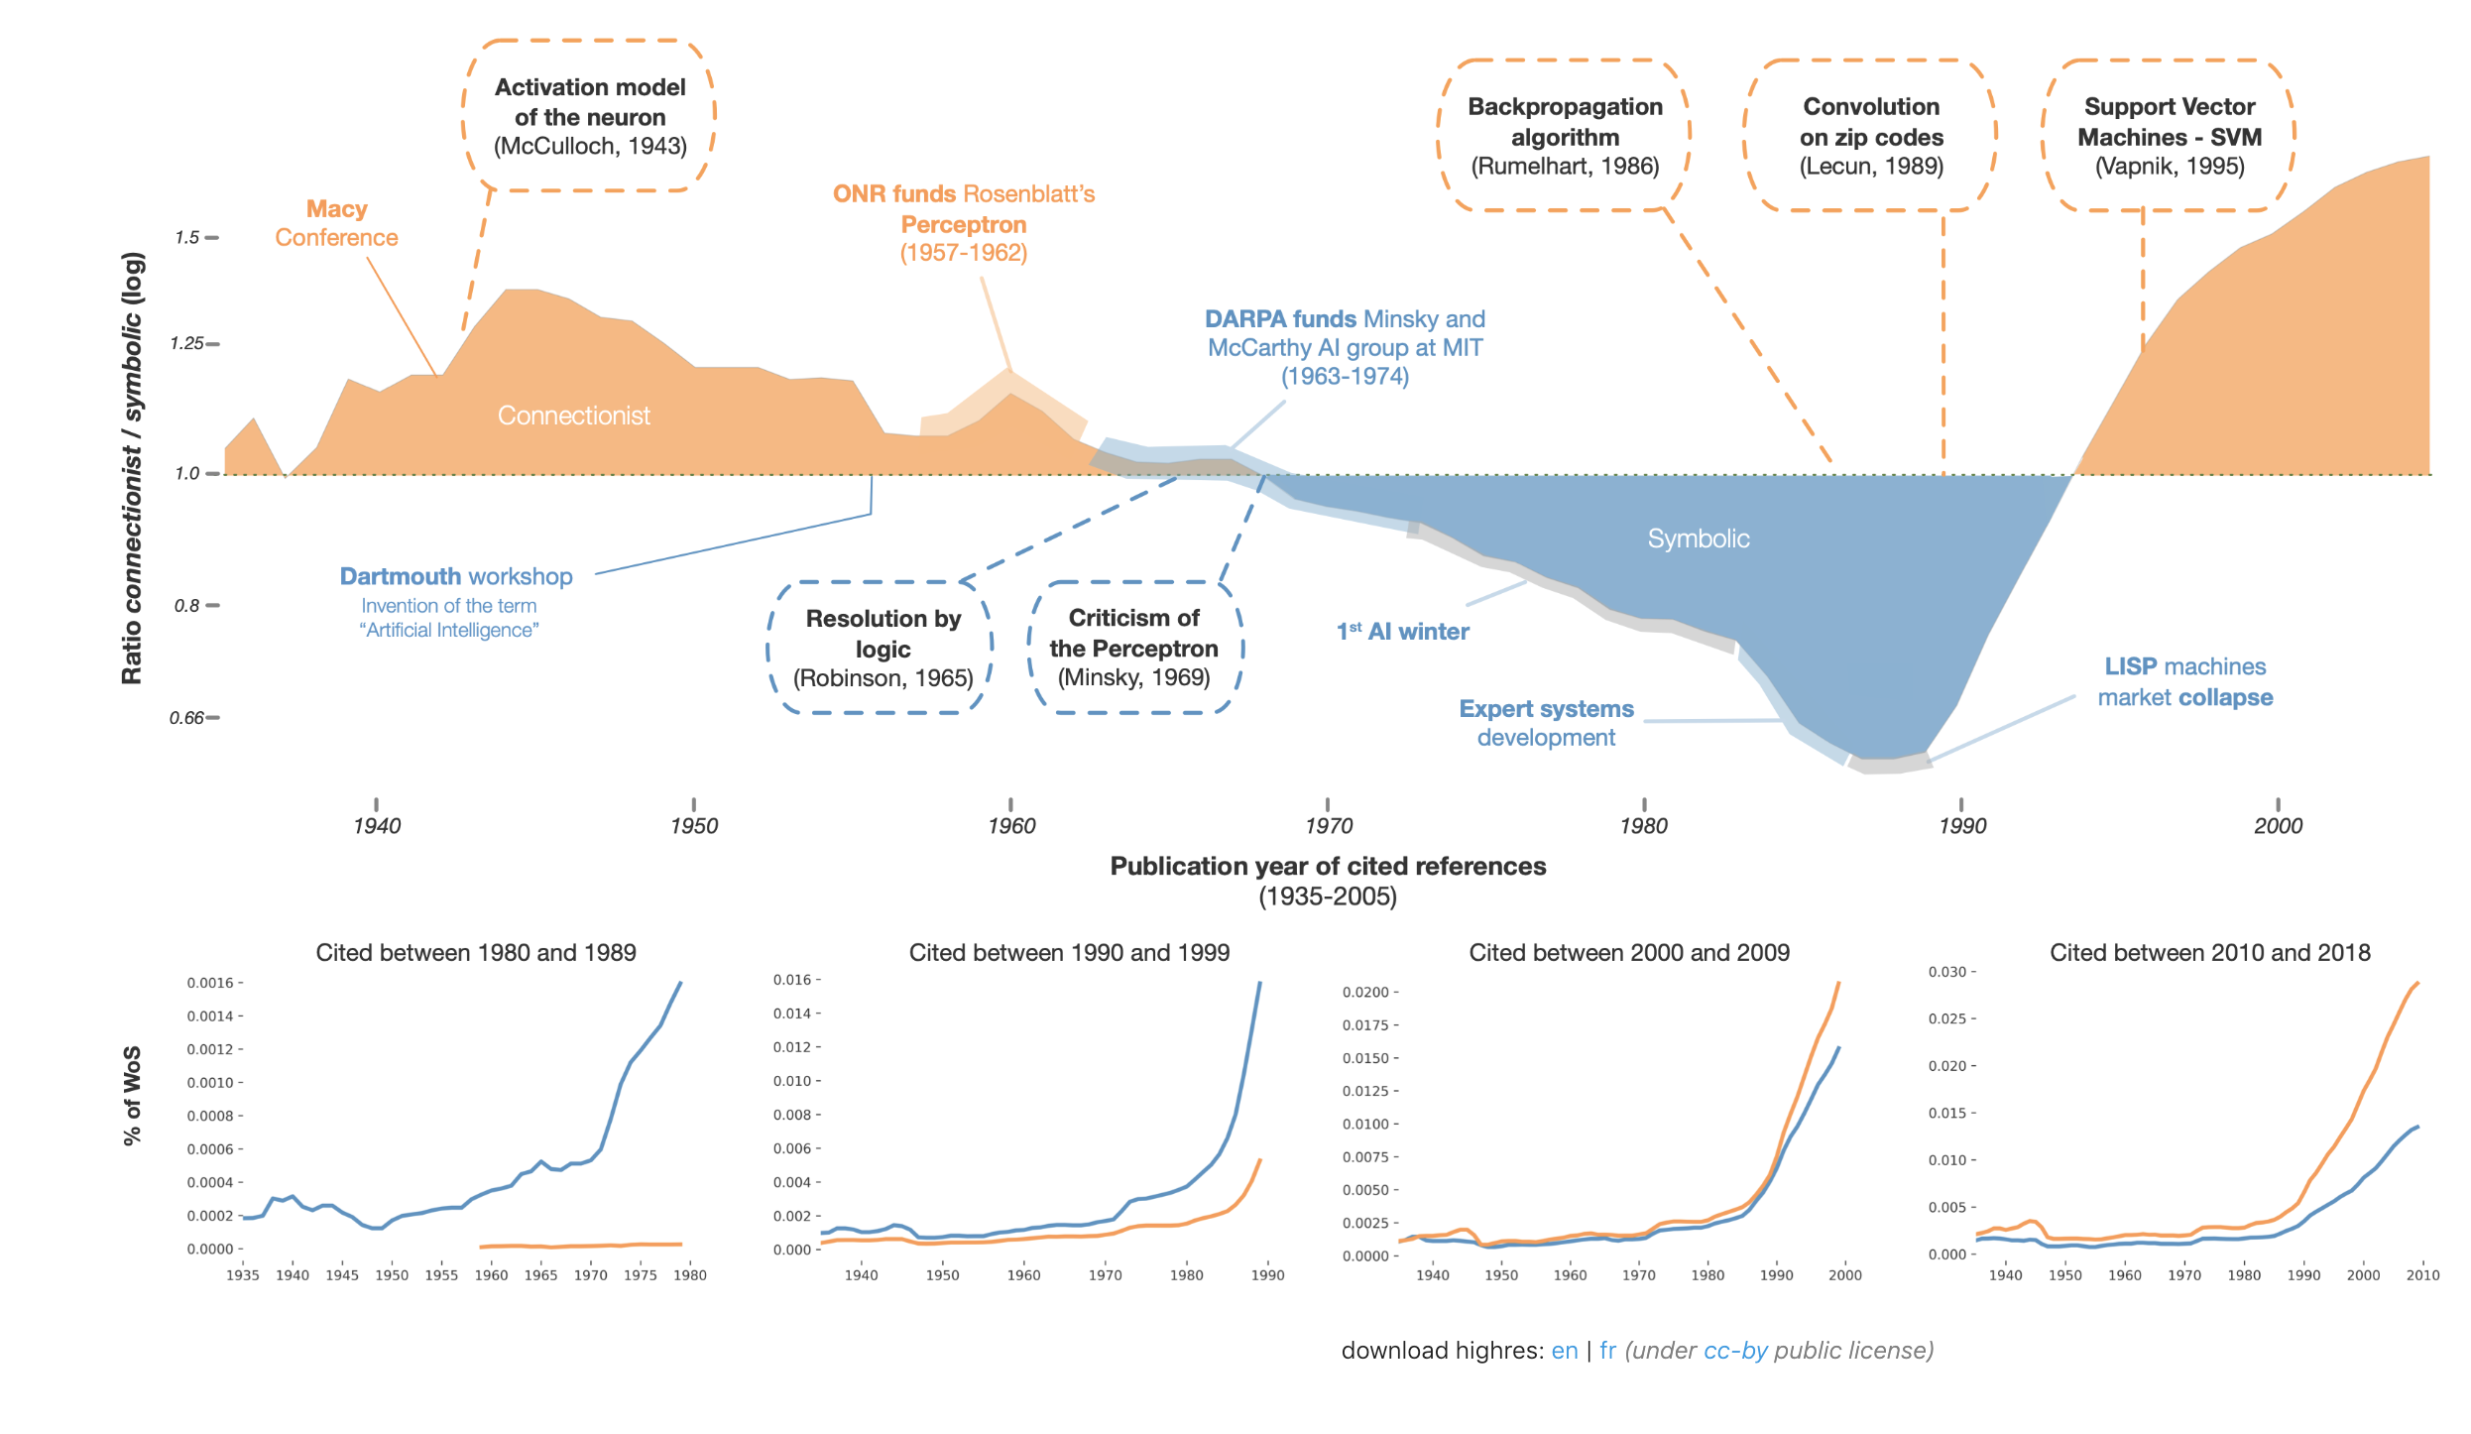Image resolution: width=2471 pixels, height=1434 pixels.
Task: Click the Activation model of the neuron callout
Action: pyautogui.click(x=590, y=116)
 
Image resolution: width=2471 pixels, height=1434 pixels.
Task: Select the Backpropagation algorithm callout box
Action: pyautogui.click(x=1565, y=136)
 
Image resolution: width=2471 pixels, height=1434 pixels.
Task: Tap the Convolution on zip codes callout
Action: pyautogui.click(x=1871, y=136)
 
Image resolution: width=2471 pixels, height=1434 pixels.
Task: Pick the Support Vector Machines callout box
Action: pyautogui.click(x=2170, y=136)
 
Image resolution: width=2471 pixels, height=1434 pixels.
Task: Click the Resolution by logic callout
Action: pyautogui.click(x=882, y=648)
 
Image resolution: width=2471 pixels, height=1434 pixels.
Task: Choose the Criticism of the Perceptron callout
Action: pyautogui.click(x=1133, y=648)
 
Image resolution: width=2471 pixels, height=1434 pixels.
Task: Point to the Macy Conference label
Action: pyautogui.click(x=336, y=223)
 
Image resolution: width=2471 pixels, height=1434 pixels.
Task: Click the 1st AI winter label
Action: pyautogui.click(x=1402, y=632)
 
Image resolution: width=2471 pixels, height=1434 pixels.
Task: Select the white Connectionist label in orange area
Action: pyautogui.click(x=573, y=416)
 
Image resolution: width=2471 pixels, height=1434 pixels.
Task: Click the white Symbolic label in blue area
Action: pyautogui.click(x=1698, y=538)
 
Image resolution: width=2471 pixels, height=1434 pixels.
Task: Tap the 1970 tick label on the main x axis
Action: pyautogui.click(x=1328, y=825)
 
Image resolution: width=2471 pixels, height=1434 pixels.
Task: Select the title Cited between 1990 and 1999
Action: pyautogui.click(x=1069, y=953)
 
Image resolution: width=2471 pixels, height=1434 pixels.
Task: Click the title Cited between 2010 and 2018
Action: pyautogui.click(x=2209, y=953)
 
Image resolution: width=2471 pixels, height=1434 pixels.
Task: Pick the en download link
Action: pyautogui.click(x=1564, y=1351)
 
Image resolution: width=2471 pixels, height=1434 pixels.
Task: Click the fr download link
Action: pyautogui.click(x=1607, y=1351)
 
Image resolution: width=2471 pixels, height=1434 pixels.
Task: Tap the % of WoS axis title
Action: pyautogui.click(x=132, y=1096)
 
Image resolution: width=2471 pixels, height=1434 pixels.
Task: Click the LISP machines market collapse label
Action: pyautogui.click(x=2184, y=682)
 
